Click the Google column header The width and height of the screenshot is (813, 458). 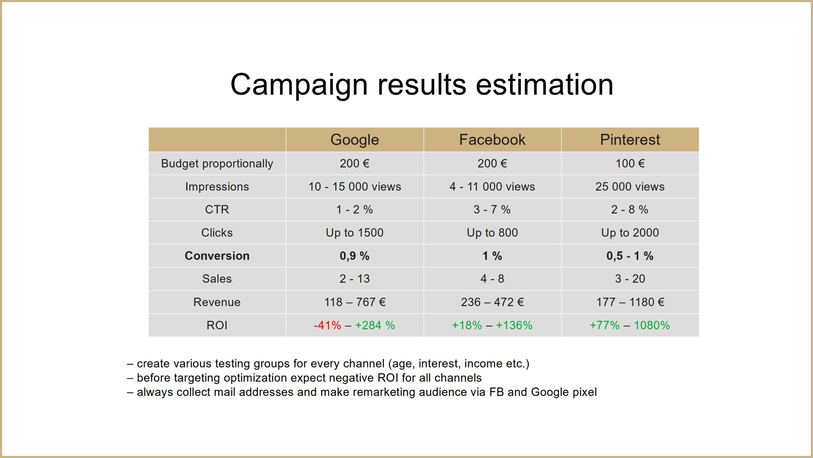coord(354,140)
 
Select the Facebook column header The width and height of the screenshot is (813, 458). coord(492,140)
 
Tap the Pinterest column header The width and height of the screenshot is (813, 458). coord(630,140)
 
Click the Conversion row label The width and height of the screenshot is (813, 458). coord(217,256)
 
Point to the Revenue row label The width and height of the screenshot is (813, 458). coord(217,302)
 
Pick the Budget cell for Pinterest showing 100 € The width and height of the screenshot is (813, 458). coord(630,163)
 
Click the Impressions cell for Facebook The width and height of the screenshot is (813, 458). coord(492,187)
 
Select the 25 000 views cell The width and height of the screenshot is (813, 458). coord(630,187)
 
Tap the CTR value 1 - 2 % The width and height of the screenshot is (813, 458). coord(354,209)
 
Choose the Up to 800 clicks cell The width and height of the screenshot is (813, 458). coord(492,233)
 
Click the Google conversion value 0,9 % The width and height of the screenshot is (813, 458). coord(354,256)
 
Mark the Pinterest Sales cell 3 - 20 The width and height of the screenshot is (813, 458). coord(630,279)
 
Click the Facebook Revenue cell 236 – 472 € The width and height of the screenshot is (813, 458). coord(492,302)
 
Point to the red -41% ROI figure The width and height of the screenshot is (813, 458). coord(327,325)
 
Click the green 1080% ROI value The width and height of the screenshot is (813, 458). coord(652,325)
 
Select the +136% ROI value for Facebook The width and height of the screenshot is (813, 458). coord(514,325)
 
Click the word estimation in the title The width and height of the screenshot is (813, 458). coord(545,84)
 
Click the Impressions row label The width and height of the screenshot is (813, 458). coord(217,187)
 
